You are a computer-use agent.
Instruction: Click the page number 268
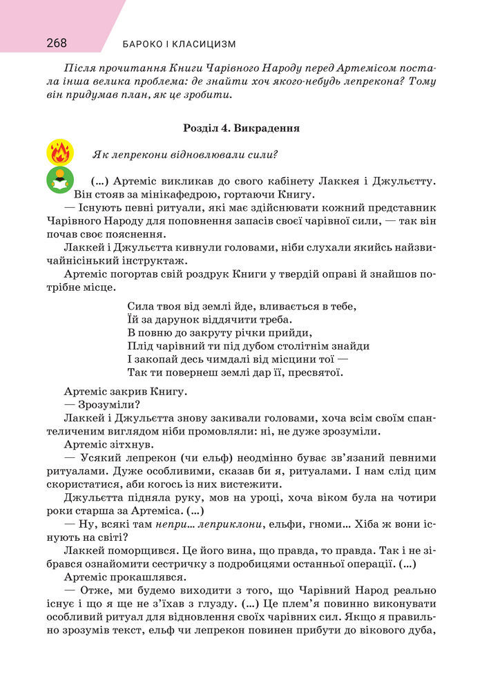57,44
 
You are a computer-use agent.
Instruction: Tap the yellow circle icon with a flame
60,153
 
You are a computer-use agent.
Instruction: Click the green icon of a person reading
60,180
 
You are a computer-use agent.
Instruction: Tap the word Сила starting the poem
142,305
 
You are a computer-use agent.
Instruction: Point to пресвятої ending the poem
315,372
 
